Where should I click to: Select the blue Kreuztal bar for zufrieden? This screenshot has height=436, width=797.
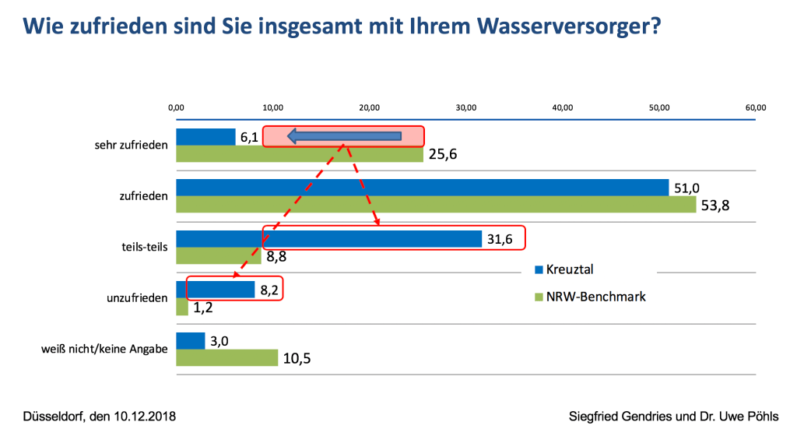(x=422, y=188)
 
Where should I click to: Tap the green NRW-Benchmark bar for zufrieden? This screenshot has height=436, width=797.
(x=436, y=204)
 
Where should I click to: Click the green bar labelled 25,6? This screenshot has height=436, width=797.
(x=300, y=154)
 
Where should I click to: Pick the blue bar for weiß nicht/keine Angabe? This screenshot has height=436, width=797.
(x=191, y=341)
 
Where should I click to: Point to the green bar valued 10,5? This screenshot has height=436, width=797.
(x=226, y=357)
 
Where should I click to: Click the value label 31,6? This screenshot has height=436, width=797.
(x=500, y=238)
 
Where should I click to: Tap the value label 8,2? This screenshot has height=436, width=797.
(x=269, y=290)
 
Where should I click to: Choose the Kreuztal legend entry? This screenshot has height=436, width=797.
(x=564, y=270)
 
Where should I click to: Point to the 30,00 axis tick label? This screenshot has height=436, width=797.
(x=465, y=107)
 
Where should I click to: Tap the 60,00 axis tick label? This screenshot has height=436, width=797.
(x=756, y=107)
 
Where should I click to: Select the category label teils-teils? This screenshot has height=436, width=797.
(x=146, y=247)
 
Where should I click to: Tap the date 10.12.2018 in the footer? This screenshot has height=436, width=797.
(x=145, y=417)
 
